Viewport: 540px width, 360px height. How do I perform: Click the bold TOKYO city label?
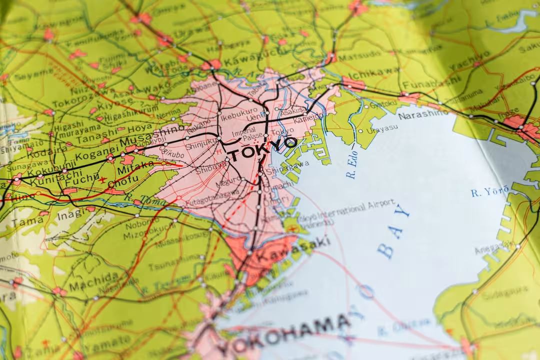click(263, 149)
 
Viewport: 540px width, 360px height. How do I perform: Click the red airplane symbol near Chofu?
click(102, 179)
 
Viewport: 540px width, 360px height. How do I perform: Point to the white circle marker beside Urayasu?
click(360, 131)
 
